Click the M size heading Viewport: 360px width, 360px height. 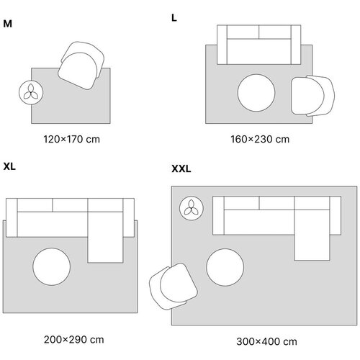point(7,24)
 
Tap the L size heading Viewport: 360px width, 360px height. point(174,18)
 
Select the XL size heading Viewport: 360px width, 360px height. point(9,166)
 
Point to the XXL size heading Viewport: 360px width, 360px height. point(181,168)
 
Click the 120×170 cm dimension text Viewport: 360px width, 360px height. point(71,139)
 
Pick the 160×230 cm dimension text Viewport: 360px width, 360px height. point(260,139)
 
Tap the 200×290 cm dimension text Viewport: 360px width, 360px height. point(74,340)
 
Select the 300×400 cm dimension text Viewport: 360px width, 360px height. point(266,341)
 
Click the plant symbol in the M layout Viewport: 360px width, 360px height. point(31,92)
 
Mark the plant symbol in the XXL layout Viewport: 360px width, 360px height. point(192,208)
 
